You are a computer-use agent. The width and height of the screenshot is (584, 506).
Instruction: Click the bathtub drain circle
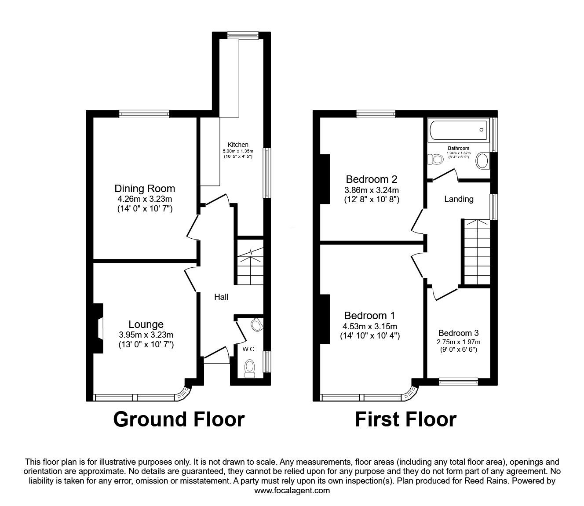click(482, 130)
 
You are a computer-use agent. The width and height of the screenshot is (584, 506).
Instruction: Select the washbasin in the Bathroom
click(482, 161)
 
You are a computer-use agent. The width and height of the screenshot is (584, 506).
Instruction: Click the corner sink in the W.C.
click(256, 325)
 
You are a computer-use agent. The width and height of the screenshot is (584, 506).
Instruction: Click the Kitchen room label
click(237, 145)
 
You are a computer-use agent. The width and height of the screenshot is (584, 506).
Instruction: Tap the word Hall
click(221, 297)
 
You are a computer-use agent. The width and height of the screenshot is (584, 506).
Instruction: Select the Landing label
click(459, 199)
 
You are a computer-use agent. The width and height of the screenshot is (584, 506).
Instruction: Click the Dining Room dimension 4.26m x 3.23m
click(145, 199)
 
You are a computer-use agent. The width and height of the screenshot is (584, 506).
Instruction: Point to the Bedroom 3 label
click(458, 333)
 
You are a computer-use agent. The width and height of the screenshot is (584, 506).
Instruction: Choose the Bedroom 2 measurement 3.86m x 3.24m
click(372, 190)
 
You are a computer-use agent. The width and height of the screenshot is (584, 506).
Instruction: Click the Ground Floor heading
click(179, 419)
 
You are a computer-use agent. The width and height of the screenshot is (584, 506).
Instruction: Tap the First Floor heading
click(405, 419)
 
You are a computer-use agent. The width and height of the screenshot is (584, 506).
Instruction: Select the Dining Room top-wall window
click(144, 114)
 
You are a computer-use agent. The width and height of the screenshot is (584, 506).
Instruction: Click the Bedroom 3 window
click(458, 382)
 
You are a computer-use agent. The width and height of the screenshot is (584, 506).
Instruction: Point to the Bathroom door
click(445, 175)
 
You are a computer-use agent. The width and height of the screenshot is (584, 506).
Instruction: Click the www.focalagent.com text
click(292, 491)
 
